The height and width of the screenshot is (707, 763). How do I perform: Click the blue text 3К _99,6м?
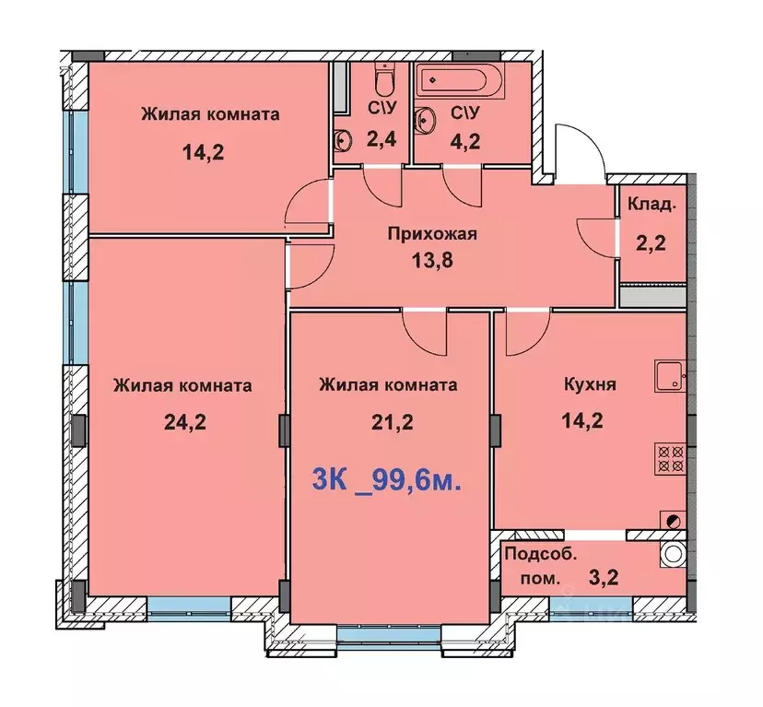pos(387,480)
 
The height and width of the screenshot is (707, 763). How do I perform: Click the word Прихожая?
pos(431,233)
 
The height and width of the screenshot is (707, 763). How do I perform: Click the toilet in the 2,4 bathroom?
pos(385,82)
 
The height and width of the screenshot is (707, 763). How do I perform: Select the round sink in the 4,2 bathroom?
pos(428,119)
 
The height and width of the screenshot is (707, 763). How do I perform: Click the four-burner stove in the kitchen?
pos(669,458)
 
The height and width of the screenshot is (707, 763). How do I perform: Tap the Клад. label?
pos(651,205)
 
